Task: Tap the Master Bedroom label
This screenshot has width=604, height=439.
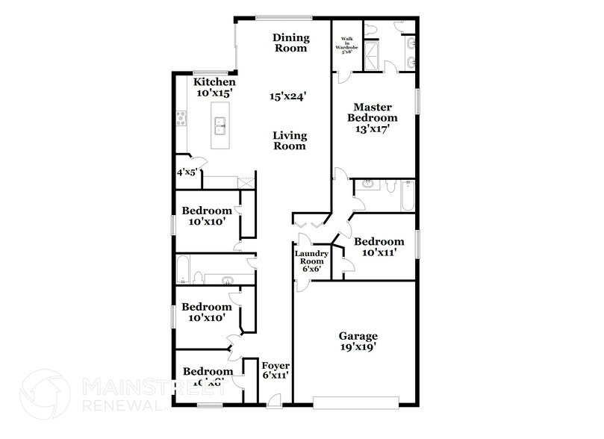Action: pyautogui.click(x=376, y=112)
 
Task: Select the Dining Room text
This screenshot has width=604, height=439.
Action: pyautogui.click(x=290, y=43)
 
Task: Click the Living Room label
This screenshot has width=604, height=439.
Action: pyautogui.click(x=289, y=140)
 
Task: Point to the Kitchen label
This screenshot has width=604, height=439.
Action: pyautogui.click(x=214, y=82)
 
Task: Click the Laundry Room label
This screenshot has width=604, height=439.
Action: pyautogui.click(x=309, y=258)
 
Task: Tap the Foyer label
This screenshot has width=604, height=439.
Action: pyautogui.click(x=275, y=366)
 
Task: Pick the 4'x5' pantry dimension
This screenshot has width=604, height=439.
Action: pyautogui.click(x=186, y=172)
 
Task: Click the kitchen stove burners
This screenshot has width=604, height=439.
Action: pyautogui.click(x=181, y=118)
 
